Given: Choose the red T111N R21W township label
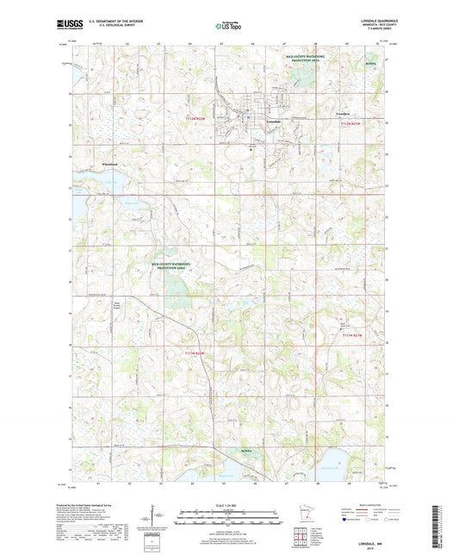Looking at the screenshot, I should click(x=353, y=335).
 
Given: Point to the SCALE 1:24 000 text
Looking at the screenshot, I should click(x=229, y=505).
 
